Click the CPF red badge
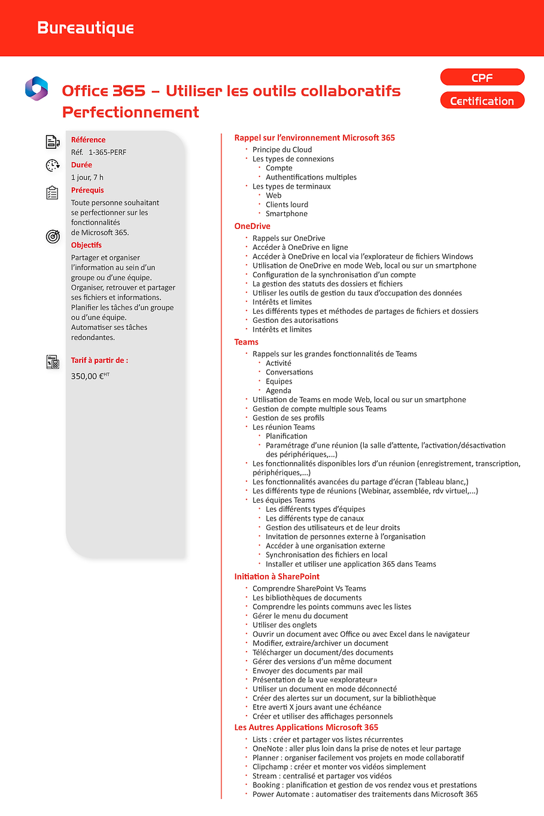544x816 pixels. coord(482,78)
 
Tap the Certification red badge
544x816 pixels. coord(482,101)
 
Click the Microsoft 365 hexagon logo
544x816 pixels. coord(37,88)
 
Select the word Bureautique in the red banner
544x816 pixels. coord(86,28)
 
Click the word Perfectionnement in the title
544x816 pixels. coord(130,112)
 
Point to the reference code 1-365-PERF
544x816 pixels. coord(108,152)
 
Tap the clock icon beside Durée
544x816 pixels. coord(53,166)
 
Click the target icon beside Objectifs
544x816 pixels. coord(53,237)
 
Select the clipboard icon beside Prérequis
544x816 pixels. coord(53,192)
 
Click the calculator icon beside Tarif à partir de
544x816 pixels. coord(53,362)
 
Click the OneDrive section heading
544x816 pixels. coord(252,226)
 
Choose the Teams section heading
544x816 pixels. coord(246,342)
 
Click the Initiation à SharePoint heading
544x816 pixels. coord(276,576)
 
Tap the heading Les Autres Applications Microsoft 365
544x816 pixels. coord(306,728)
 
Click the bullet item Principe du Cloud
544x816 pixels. coord(282,149)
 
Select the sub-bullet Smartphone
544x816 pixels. coord(287,213)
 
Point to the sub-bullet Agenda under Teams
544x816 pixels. coord(278,390)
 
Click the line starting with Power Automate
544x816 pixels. coord(364,794)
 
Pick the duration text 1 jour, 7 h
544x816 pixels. coord(87,178)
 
